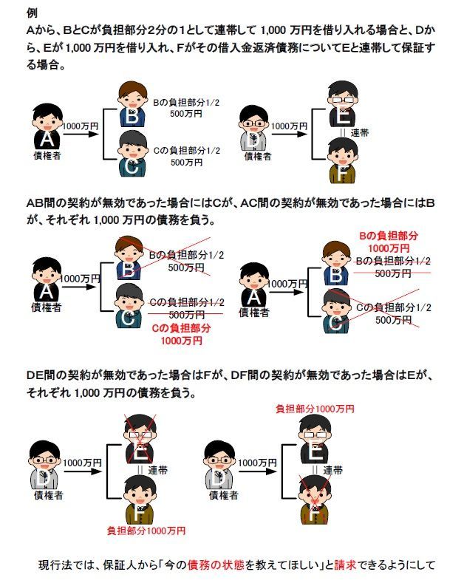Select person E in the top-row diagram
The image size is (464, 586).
tap(342, 110)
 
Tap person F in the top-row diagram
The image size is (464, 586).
tap(342, 160)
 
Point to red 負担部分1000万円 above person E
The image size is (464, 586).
tap(315, 408)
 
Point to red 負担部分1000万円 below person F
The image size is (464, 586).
tap(146, 531)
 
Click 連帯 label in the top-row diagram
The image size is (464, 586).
tap(360, 134)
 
